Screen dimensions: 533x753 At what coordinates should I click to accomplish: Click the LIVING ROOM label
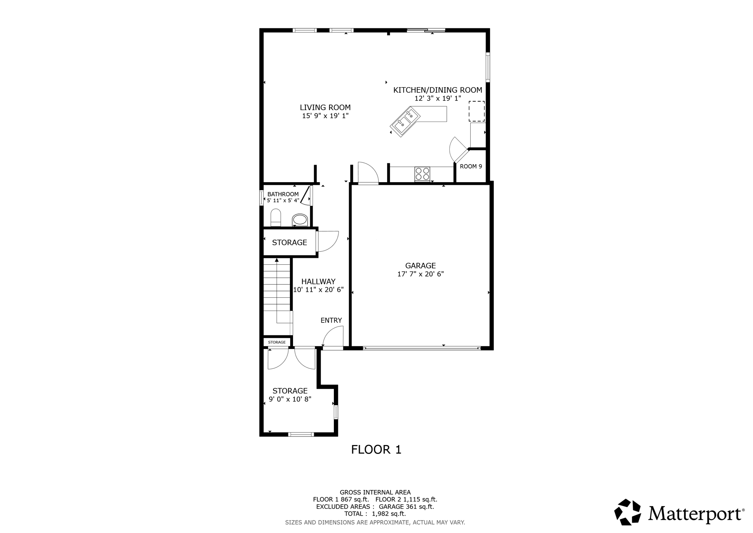(325, 107)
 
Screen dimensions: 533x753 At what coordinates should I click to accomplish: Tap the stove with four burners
(422, 174)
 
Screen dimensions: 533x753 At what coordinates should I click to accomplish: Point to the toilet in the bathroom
(276, 218)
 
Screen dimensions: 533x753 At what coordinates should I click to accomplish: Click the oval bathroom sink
(300, 220)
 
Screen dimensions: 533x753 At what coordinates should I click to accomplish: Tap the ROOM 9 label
(471, 166)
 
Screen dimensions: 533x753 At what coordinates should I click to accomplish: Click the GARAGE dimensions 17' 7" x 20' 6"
(420, 274)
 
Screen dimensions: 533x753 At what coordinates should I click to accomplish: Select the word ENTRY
(331, 320)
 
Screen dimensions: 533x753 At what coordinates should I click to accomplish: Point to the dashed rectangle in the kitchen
(477, 111)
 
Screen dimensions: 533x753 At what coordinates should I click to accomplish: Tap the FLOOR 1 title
(376, 449)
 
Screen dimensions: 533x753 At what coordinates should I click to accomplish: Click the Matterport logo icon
(627, 512)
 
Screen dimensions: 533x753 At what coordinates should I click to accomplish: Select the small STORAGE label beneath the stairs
(277, 342)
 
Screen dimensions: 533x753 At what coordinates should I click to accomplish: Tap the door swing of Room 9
(458, 149)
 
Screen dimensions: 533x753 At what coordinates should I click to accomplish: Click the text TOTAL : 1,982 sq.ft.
(375, 514)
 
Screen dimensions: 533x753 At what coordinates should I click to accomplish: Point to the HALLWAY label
(318, 282)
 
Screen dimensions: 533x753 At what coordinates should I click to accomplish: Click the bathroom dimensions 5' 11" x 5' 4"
(283, 201)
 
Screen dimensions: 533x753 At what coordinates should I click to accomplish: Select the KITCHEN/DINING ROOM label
(438, 90)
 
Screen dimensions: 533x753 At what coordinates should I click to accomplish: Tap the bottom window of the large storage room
(301, 434)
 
